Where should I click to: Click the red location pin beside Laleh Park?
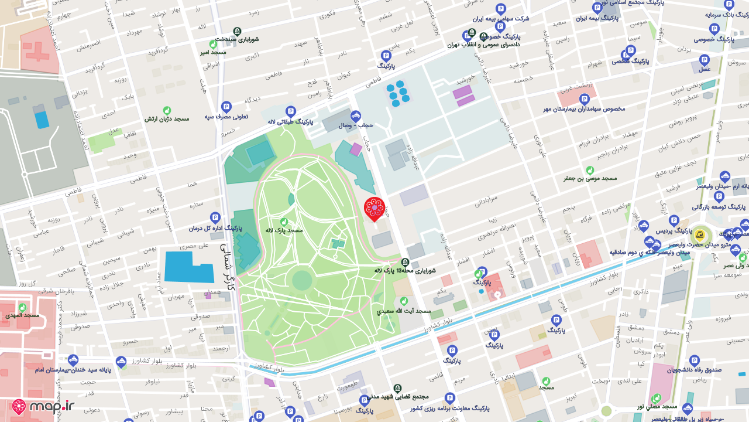pos(374,208)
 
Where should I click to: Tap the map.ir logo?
pos(44,407)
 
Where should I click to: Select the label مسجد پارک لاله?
pos(284,230)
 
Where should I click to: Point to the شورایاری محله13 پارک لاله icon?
pos(405,262)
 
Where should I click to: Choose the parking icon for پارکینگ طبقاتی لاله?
pos(290,111)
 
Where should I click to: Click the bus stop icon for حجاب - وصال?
pos(356,115)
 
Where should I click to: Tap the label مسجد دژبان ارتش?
pos(167,119)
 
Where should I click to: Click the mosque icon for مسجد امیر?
pos(213,44)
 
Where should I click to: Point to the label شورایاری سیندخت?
pos(237,39)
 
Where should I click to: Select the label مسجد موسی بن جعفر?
pos(590,178)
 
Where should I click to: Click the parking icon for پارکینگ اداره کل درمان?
pos(215,217)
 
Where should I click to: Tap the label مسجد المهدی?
pos(22,315)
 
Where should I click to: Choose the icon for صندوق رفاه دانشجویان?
pos(694,360)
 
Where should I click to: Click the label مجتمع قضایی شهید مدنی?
pos(397,397)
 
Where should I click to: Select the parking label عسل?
pos(705,69)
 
